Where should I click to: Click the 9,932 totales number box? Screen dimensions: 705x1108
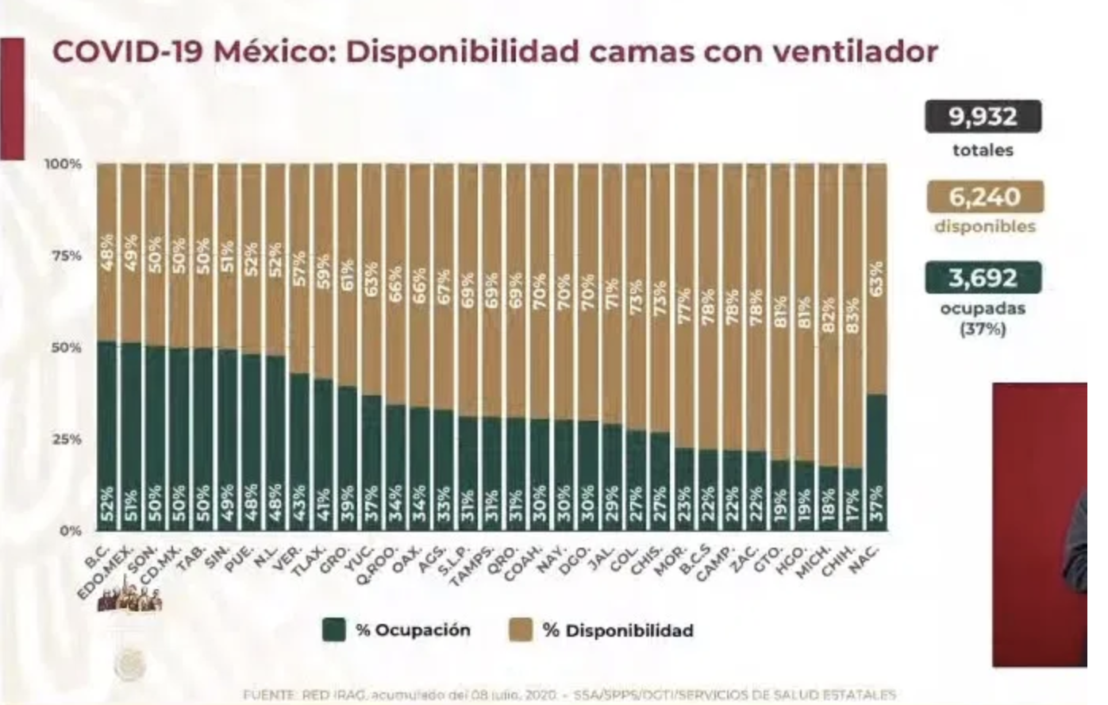click(x=983, y=118)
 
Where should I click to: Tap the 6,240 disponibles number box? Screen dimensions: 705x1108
click(x=984, y=198)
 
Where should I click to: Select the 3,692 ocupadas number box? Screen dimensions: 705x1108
click(x=983, y=279)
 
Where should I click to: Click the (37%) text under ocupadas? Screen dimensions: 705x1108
click(x=983, y=328)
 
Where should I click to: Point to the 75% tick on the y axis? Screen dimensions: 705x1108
click(x=67, y=256)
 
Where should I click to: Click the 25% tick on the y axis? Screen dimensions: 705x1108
click(x=67, y=439)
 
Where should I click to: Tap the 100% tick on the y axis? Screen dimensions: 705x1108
click(x=63, y=164)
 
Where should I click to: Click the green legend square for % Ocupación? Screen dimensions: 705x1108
click(x=334, y=630)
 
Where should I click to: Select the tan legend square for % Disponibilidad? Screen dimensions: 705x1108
click(x=521, y=630)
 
